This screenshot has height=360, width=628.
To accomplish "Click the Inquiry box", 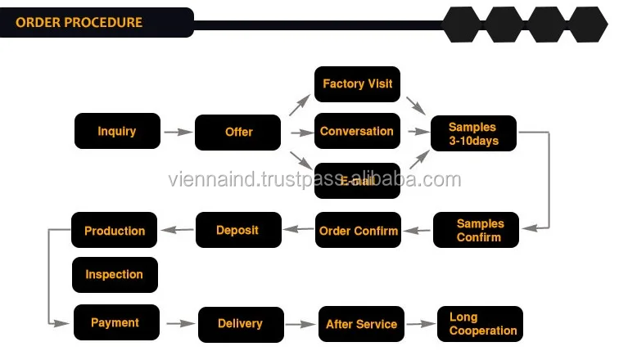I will tap(117, 131).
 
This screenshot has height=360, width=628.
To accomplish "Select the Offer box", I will tap(238, 132).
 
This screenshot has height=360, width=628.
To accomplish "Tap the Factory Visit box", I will tap(357, 83).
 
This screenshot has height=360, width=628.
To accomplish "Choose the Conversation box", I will tap(357, 131).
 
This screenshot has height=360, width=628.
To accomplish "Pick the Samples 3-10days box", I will tap(473, 133).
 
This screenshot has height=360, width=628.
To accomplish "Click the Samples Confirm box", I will tap(479, 231).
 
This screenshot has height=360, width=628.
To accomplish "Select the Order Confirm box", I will tap(358, 231).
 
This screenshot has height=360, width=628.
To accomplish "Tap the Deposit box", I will tap(237, 230).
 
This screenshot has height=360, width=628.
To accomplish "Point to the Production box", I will tap(115, 231).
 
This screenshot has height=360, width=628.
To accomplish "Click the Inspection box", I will tap(115, 275).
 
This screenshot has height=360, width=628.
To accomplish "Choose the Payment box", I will tap(115, 322).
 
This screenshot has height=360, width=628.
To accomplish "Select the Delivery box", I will tap(240, 324).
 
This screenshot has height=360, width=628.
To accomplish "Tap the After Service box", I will tap(361, 324).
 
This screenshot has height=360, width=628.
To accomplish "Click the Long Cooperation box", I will tap(479, 324).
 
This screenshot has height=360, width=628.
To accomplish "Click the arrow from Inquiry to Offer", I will tap(177, 132).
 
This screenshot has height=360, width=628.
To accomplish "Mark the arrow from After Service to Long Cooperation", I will tap(421, 324).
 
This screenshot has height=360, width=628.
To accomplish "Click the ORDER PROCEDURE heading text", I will tap(79, 22).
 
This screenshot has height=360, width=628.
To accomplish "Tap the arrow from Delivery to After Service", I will tap(300, 324).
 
